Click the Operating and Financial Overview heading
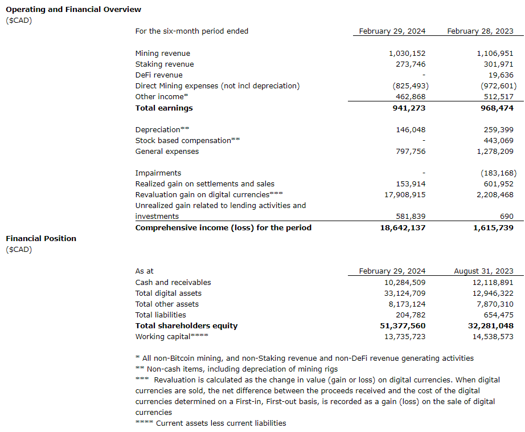73,9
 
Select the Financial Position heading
40,238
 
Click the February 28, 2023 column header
480,31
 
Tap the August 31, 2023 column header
483,271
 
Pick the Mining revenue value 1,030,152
407,54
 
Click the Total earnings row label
164,108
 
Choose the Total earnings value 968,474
494,108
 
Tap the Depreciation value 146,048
411,130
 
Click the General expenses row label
167,152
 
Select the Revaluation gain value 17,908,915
403,195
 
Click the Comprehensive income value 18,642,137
401,228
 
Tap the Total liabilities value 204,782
411,315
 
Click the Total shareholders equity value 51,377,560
401,326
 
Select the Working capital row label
171,337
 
